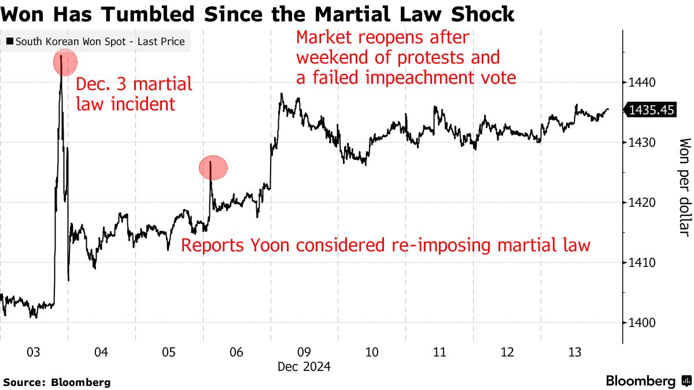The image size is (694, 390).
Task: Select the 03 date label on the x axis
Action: click(x=34, y=352)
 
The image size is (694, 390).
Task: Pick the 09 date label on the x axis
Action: click(x=304, y=352)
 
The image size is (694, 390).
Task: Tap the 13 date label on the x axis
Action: click(x=574, y=352)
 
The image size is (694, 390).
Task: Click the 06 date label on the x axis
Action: click(x=237, y=352)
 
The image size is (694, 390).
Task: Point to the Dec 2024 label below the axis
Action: click(x=304, y=367)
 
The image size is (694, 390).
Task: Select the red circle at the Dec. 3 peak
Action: click(x=65, y=62)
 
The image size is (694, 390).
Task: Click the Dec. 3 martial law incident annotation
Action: click(x=134, y=94)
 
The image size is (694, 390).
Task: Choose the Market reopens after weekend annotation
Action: click(x=405, y=58)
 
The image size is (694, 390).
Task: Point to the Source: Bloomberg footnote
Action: click(x=57, y=382)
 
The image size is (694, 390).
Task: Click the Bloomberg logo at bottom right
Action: click(x=648, y=381)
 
